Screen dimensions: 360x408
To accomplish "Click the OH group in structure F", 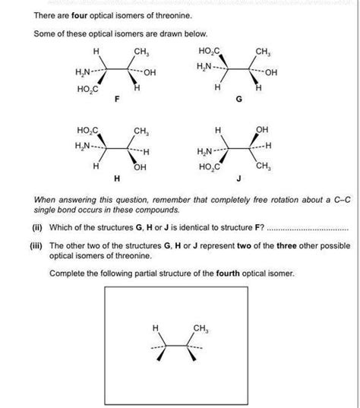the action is (147, 73).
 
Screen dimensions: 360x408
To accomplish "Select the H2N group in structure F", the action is (83, 73).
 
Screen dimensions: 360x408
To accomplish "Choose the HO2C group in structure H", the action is (86, 130).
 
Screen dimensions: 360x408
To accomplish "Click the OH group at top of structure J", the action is (263, 130).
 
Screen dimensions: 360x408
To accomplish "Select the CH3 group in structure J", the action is (263, 166).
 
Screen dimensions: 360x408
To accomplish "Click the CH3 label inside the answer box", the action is (201, 328).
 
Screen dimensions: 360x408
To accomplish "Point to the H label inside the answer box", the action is (156, 328).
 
